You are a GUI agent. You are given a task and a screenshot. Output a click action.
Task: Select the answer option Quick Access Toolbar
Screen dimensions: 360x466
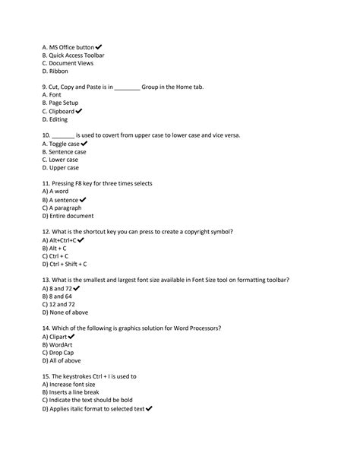74,55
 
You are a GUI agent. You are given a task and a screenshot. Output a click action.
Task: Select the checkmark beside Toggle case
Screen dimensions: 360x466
84,143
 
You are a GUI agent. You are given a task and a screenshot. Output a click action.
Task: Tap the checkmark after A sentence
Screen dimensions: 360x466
83,200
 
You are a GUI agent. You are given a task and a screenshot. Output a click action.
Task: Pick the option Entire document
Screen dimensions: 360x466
68,216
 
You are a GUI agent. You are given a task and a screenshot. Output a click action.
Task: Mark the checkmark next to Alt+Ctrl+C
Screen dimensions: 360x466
81,240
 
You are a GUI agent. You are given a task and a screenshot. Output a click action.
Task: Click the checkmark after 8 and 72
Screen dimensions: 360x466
77,288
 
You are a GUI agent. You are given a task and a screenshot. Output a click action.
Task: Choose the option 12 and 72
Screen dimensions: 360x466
62,304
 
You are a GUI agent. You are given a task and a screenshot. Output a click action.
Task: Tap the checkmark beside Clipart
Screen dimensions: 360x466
71,336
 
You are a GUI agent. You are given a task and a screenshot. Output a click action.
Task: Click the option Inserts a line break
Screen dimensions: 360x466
73,392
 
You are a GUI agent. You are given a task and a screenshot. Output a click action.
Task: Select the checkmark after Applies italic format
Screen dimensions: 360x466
148,408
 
